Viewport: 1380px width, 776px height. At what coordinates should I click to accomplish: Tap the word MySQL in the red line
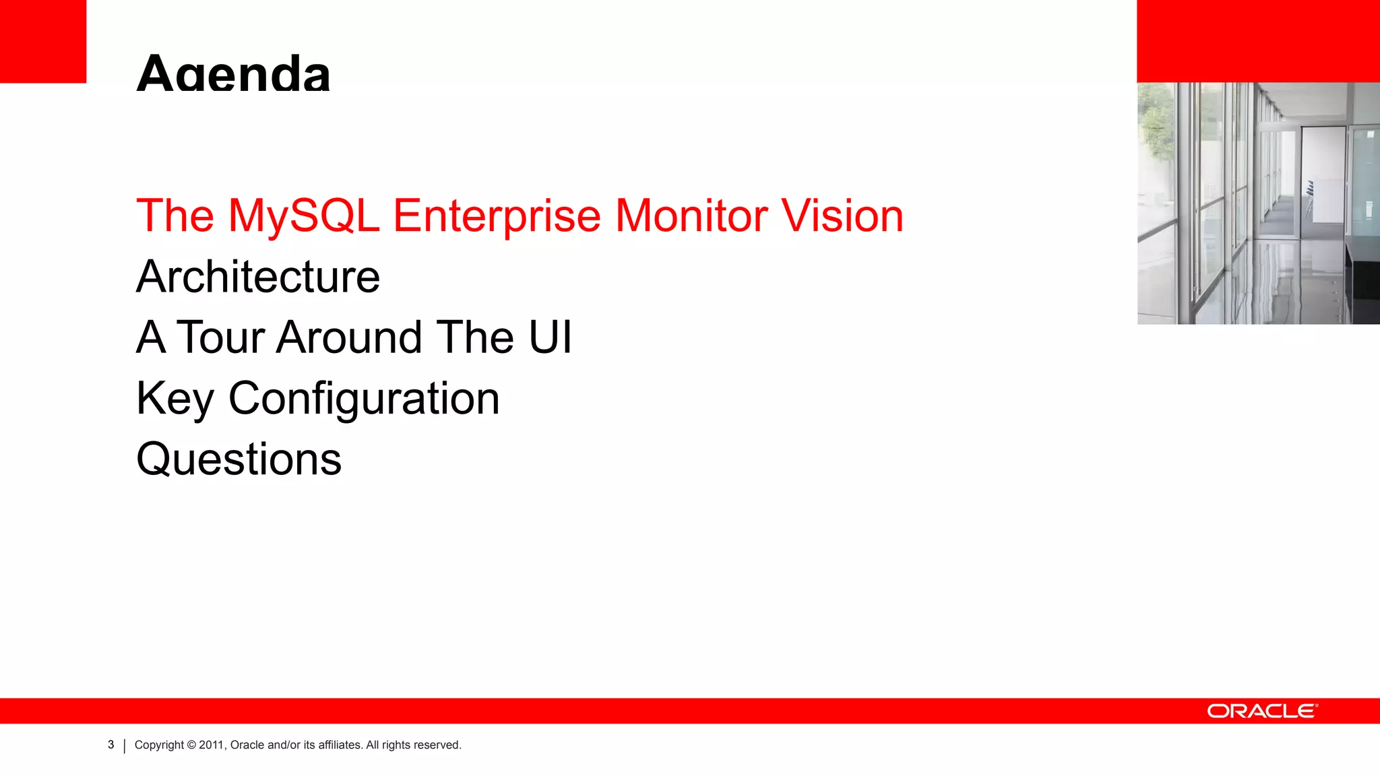point(303,216)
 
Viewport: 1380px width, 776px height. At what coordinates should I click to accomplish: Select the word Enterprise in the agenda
point(496,216)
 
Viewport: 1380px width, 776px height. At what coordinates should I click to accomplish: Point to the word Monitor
point(691,216)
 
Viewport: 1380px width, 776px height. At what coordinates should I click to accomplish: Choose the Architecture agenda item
point(258,277)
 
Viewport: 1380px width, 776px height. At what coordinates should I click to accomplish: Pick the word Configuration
point(364,399)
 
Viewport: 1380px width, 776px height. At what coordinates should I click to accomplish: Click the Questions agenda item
point(239,459)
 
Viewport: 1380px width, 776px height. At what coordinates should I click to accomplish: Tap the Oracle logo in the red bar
point(1262,711)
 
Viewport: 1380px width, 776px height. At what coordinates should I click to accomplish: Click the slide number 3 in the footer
point(111,744)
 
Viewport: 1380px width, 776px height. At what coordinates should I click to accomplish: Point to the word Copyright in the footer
point(159,745)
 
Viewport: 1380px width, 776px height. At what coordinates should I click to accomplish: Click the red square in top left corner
point(42,40)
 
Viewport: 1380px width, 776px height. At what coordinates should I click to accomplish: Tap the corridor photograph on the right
point(1258,203)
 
